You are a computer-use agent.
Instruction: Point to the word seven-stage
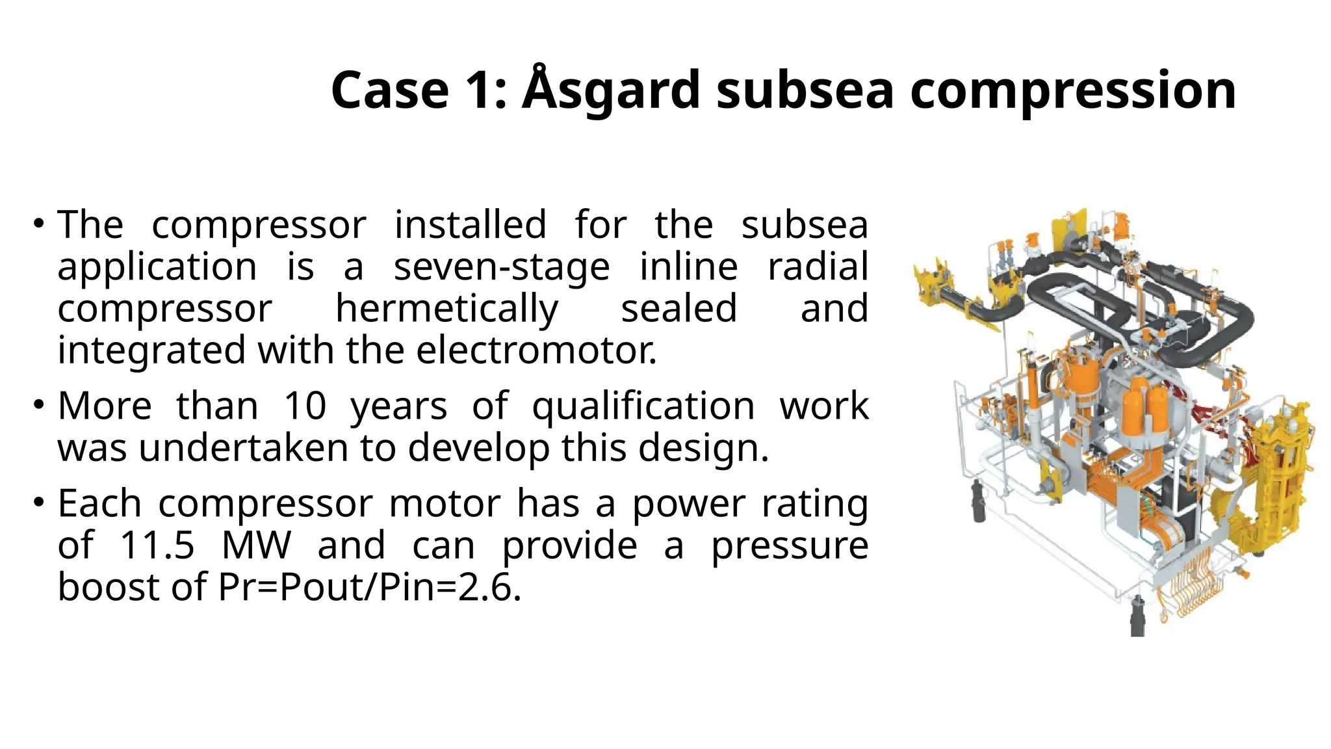click(x=502, y=267)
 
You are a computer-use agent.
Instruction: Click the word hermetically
click(x=446, y=308)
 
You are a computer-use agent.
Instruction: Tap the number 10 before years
click(x=305, y=406)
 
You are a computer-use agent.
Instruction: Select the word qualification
click(x=643, y=407)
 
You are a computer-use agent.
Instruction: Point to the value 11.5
click(x=157, y=545)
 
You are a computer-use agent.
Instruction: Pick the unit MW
click(x=256, y=545)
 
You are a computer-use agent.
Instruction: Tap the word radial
click(x=818, y=267)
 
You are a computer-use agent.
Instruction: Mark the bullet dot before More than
click(x=39, y=405)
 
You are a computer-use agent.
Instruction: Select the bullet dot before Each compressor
click(x=39, y=503)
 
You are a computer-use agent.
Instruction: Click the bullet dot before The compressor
click(x=39, y=224)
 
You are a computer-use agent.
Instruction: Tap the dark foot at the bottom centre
click(x=1137, y=618)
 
